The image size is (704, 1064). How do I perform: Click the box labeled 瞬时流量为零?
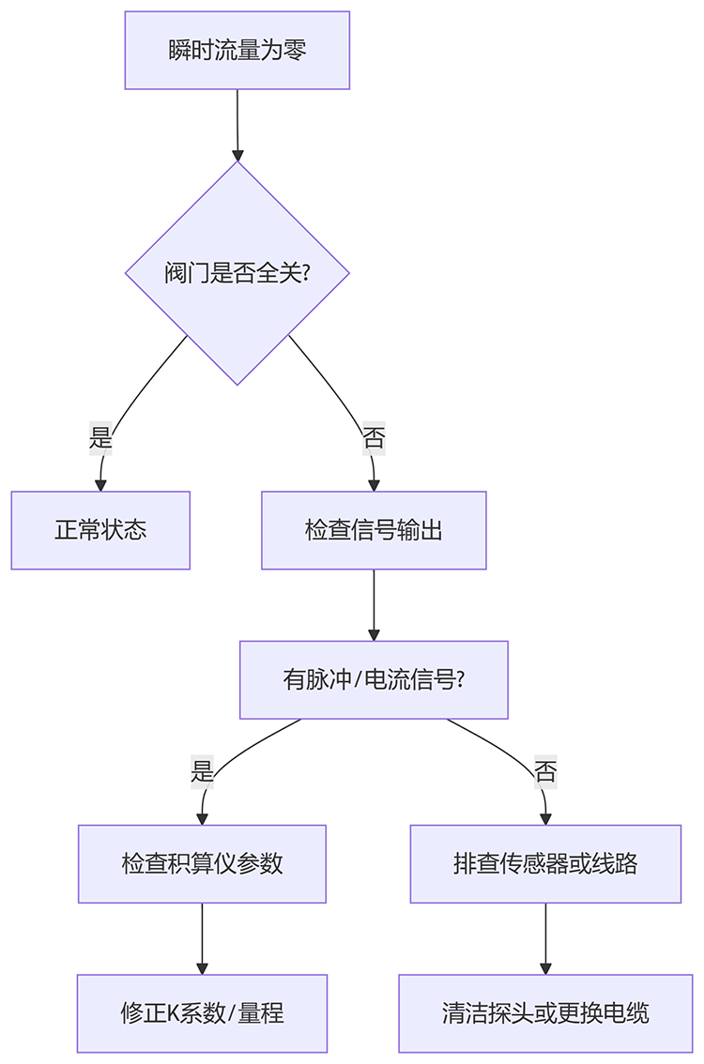pos(237,51)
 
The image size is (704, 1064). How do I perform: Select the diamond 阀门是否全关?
pos(237,273)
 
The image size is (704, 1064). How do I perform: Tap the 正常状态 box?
pos(100,530)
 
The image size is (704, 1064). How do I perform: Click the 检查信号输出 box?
pos(374,530)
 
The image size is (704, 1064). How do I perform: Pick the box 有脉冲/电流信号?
pos(374,679)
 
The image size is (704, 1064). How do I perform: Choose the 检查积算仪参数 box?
pos(202,863)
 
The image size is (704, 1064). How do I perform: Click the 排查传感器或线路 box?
pos(545,863)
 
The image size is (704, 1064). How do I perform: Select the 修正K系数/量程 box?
pos(202,1013)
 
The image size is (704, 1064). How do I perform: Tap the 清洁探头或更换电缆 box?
pos(545,1013)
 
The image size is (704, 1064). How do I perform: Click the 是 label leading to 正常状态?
pos(100,437)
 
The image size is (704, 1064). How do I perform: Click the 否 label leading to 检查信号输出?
pos(374,437)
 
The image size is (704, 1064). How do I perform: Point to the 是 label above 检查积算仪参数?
pos(202,771)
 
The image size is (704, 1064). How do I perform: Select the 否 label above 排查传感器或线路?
pos(545,771)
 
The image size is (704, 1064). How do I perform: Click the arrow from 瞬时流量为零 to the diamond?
pos(237,125)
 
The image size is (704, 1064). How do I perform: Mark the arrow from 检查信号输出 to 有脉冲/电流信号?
pos(374,604)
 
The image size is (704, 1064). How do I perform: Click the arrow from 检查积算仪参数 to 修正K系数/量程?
pos(202,938)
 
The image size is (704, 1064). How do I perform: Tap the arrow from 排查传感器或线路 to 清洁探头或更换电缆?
pos(545,938)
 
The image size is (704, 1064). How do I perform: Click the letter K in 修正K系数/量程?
pos(174,1013)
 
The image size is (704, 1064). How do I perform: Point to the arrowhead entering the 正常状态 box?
pos(100,484)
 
